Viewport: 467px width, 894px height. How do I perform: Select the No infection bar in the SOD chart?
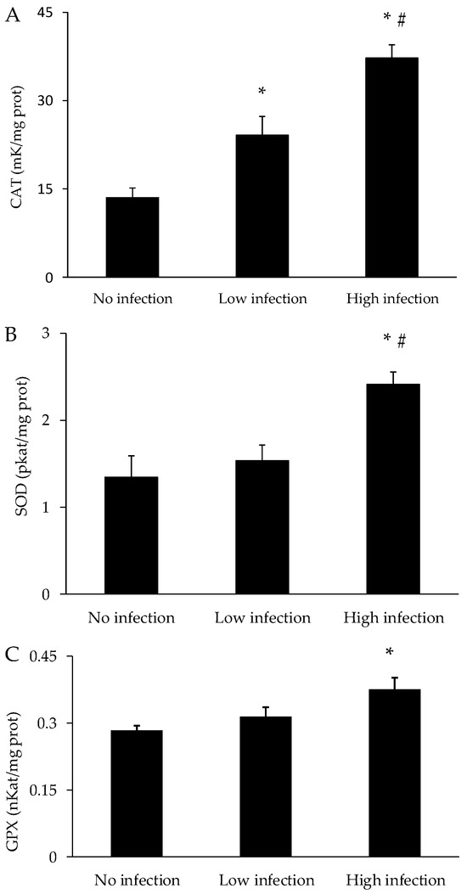[x=132, y=535]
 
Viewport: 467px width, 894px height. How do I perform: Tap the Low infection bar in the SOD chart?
[x=262, y=526]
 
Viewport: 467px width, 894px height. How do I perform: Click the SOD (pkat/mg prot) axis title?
[x=15, y=463]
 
